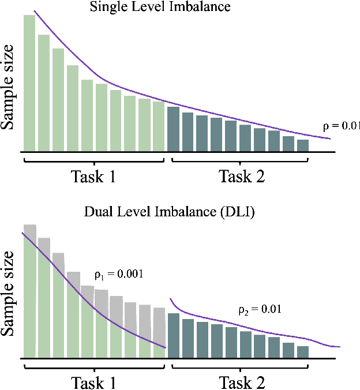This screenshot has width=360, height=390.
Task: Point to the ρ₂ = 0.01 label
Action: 260,309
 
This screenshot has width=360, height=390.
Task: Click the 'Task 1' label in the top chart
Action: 93,176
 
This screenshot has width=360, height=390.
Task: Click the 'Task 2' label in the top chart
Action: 241,176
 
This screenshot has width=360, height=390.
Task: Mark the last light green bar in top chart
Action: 159,125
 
